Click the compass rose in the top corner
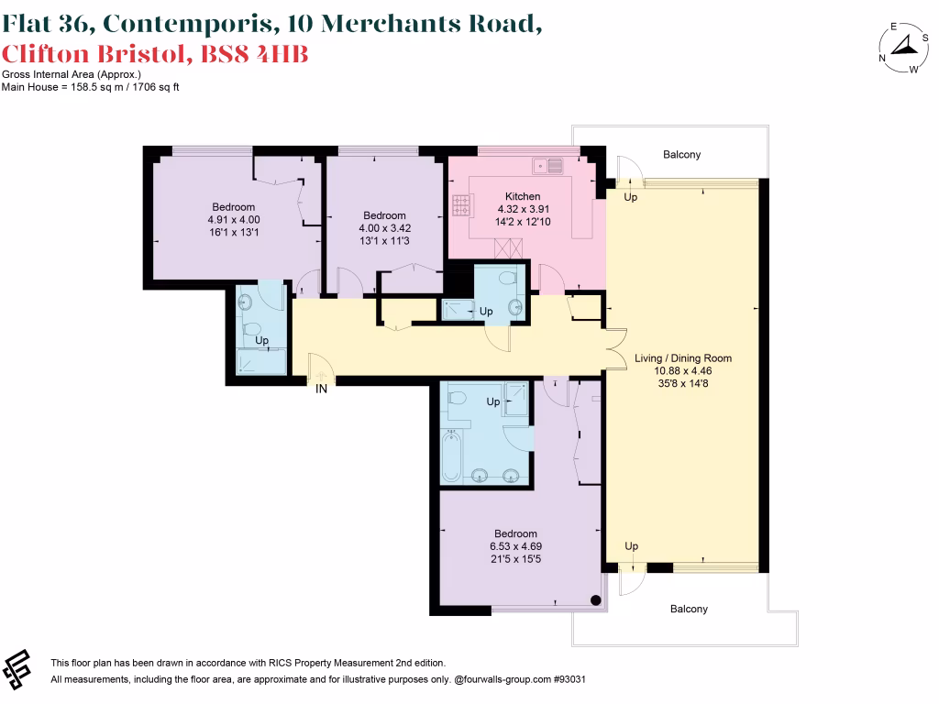tap(903, 48)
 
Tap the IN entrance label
tap(321, 388)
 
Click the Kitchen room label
tap(523, 196)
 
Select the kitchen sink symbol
tap(549, 166)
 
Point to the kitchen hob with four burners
tap(458, 206)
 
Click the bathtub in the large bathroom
tap(451, 457)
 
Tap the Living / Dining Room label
tap(683, 358)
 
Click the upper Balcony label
tap(681, 155)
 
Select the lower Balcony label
tap(688, 609)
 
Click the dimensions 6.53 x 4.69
tap(515, 546)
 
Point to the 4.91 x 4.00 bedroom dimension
tap(233, 220)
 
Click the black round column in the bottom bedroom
tap(596, 601)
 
